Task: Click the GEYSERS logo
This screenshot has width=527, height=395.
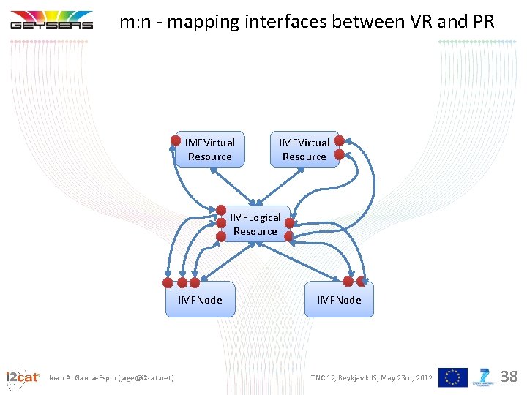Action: [x=51, y=20]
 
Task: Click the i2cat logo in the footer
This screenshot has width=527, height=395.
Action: [x=22, y=377]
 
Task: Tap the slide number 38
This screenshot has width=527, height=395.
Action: [x=509, y=377]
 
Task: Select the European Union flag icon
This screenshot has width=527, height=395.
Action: [x=452, y=377]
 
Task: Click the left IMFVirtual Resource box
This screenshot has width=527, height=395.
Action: [x=210, y=150]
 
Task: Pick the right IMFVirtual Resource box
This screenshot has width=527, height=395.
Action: [x=304, y=150]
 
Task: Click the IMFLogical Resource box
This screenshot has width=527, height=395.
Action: [x=255, y=224]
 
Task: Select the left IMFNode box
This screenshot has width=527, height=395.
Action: [x=200, y=300]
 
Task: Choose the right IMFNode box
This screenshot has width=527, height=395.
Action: [x=339, y=300]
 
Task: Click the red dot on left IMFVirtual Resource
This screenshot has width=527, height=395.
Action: [x=176, y=140]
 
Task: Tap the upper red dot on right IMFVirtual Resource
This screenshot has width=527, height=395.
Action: [x=340, y=140]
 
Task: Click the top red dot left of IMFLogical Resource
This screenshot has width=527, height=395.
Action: [x=221, y=210]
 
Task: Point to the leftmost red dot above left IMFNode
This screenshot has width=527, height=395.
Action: [x=168, y=282]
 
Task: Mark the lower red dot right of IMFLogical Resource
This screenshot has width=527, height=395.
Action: [x=288, y=236]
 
